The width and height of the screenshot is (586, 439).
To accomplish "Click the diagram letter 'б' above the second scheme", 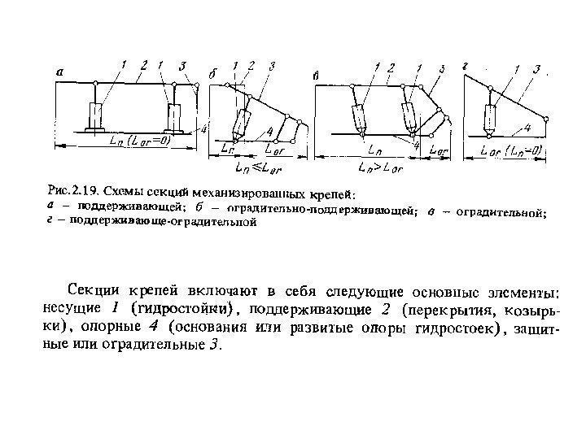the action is (x=213, y=74).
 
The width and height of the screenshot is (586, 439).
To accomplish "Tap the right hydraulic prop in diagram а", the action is (x=173, y=115).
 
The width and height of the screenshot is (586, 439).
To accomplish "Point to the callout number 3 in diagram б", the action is (x=271, y=64).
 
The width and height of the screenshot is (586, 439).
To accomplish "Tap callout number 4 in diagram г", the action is (x=527, y=128).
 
